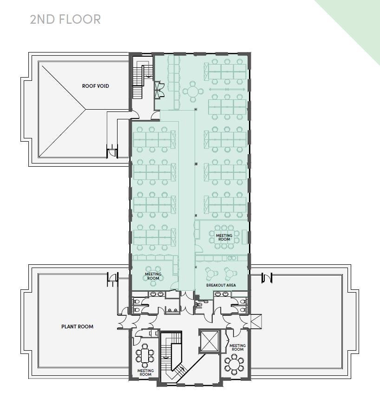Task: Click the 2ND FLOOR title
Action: (x=65, y=20)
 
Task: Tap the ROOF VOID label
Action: (x=95, y=86)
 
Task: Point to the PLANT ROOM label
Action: (x=77, y=327)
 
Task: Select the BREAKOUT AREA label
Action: (x=221, y=285)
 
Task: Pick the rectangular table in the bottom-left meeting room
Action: (x=145, y=355)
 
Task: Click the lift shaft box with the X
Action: (x=209, y=341)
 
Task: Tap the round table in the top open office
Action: (x=193, y=92)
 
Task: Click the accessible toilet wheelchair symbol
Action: (x=197, y=305)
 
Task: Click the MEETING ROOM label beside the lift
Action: (x=237, y=347)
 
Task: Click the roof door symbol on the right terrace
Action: (x=267, y=278)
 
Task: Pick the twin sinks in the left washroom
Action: (x=157, y=294)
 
